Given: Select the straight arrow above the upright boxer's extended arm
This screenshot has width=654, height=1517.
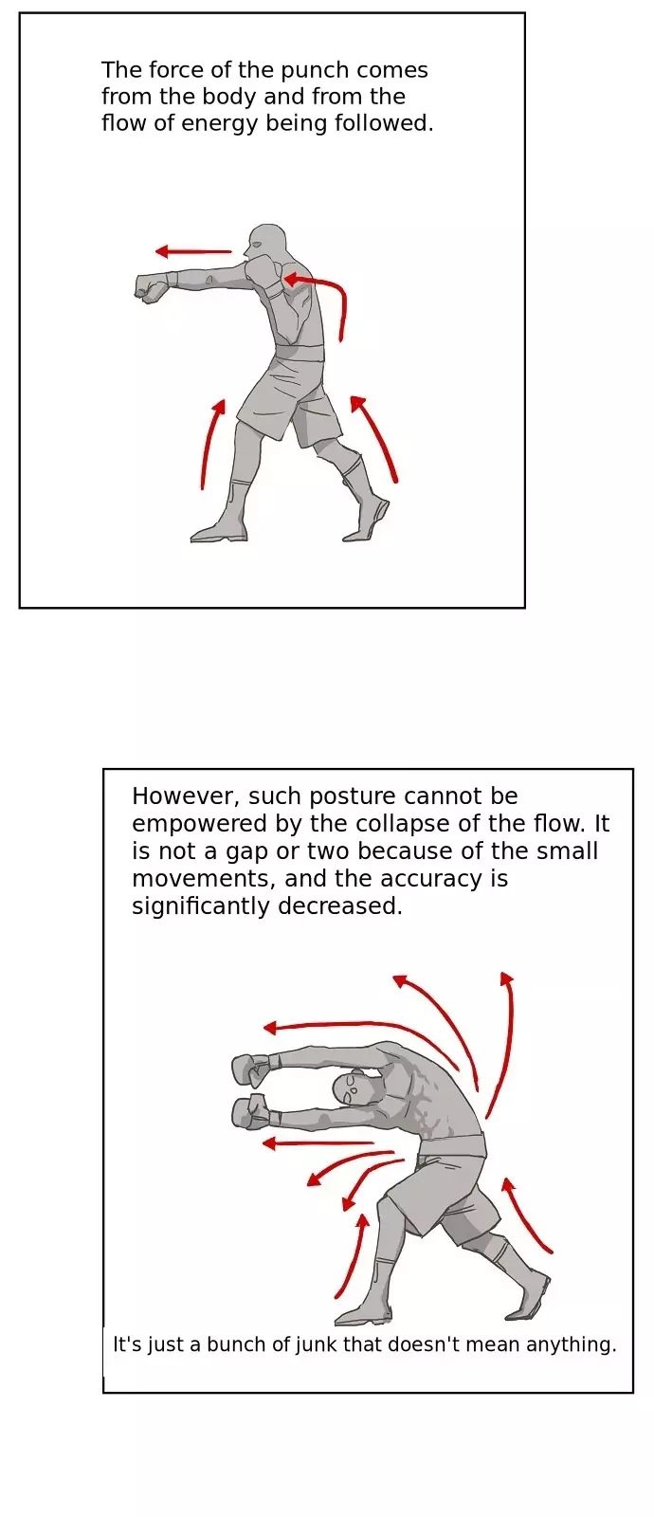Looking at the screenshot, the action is pos(193,252).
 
